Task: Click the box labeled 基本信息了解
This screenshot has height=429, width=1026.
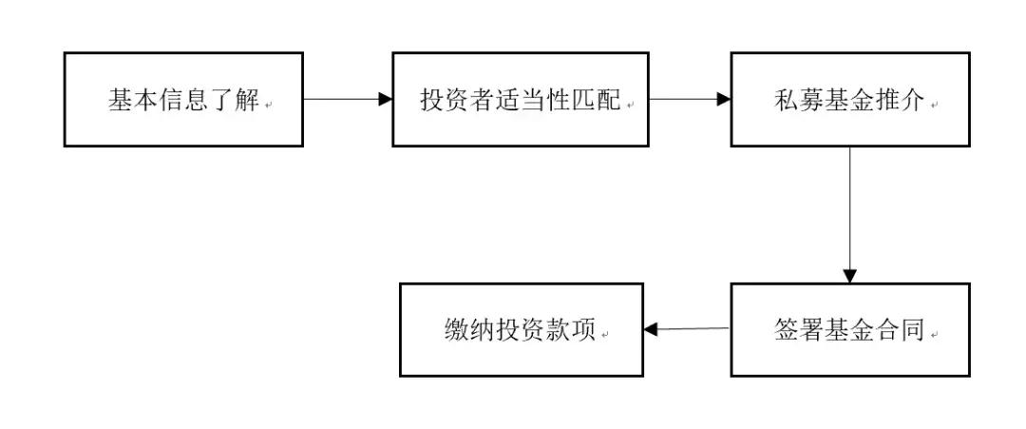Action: pos(183,100)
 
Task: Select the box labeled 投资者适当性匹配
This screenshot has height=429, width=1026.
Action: pos(520,100)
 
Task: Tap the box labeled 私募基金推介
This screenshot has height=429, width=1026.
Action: pos(849,100)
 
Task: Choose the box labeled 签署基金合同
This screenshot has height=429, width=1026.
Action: pos(849,329)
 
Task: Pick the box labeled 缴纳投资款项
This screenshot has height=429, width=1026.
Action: pos(521,329)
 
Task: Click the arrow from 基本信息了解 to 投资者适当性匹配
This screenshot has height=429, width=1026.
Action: pos(347,99)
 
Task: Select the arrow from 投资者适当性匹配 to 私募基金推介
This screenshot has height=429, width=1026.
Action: pos(689,99)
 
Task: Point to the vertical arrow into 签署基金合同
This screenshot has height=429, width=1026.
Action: pos(849,214)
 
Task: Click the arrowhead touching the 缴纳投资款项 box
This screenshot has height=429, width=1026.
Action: pos(651,330)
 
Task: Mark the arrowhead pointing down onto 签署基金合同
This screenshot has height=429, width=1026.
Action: pos(849,276)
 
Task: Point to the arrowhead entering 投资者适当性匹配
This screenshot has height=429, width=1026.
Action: pos(386,99)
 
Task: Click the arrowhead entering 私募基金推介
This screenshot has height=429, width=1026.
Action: pos(724,99)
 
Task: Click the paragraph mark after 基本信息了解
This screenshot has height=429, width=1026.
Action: pos(269,106)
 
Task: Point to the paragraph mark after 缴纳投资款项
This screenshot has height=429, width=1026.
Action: pos(604,335)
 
